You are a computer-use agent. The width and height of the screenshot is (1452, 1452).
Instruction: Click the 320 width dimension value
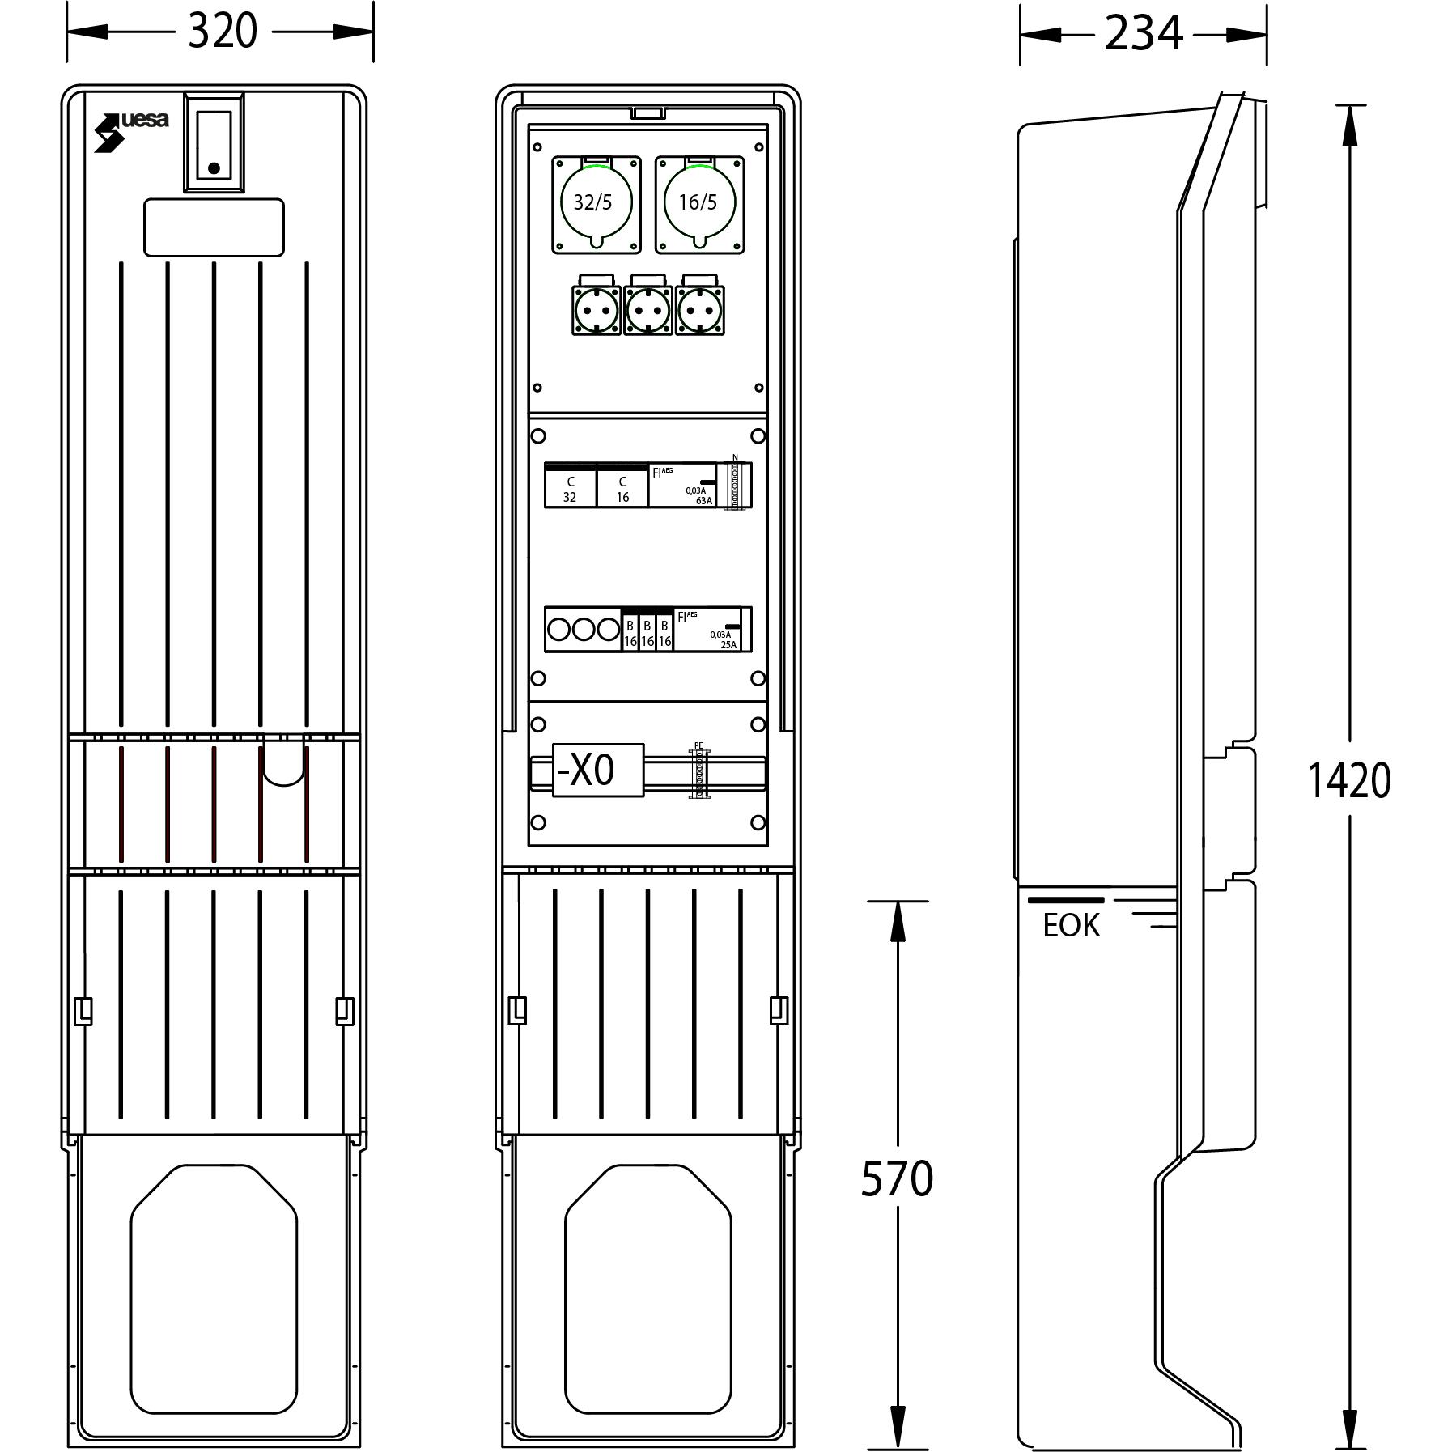pos(222,32)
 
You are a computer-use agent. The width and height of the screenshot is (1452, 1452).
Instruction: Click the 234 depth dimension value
pos(1143,34)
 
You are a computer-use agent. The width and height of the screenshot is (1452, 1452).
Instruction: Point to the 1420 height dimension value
pos(1349,780)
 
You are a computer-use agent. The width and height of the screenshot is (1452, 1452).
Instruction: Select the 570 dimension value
pos(896,1178)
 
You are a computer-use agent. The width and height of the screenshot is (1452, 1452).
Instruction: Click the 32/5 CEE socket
pos(597,203)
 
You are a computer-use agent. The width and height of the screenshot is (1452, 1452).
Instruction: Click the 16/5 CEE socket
pos(699,203)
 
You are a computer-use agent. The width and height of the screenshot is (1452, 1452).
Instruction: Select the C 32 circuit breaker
pos(570,486)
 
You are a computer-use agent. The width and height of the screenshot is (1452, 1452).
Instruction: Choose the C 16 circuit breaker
pos(622,486)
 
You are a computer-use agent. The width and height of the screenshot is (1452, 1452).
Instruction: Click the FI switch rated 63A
pos(682,486)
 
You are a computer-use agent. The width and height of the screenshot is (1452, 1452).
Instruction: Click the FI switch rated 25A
pos(707,629)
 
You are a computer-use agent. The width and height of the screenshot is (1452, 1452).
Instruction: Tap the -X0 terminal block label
pos(597,770)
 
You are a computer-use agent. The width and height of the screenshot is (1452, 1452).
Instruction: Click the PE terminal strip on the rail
pos(699,774)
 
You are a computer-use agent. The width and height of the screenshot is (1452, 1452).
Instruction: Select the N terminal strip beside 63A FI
pos(736,486)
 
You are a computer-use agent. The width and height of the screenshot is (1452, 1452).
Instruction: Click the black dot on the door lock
pos(214,168)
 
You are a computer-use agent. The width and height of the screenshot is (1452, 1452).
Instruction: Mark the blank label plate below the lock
pos(214,228)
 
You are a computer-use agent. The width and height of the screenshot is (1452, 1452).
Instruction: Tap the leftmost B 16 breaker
pos(630,631)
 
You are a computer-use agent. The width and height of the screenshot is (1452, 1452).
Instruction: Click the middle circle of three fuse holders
pos(584,629)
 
